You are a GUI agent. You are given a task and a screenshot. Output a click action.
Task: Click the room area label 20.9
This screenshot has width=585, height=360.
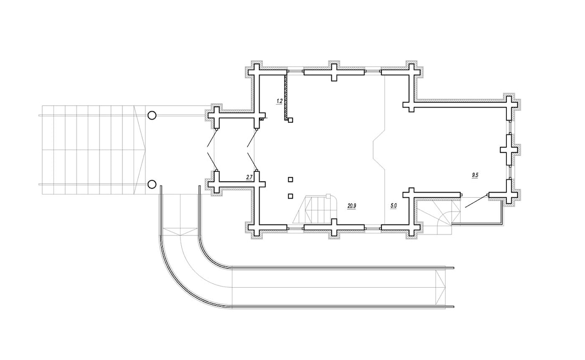coord(352,206)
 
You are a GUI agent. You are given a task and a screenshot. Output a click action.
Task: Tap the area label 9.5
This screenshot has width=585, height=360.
coord(475,174)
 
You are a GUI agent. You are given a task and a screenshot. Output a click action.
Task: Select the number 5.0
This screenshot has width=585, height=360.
coord(394,206)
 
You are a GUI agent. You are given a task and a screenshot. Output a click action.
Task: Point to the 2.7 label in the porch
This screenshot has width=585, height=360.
coord(249,177)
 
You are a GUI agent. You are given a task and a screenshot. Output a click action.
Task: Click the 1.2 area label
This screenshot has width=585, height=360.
coord(279,101)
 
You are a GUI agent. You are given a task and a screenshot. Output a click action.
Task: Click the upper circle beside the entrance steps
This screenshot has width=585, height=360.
coord(152,115)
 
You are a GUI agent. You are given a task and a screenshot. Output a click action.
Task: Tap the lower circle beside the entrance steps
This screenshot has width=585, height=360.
coord(152,185)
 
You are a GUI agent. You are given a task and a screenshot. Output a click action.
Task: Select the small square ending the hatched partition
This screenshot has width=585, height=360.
coord(290,120)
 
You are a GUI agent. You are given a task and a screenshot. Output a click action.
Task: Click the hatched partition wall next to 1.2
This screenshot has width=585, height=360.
coord(286,97)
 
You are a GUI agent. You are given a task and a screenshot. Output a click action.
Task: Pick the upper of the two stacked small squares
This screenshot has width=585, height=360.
coord(290,180)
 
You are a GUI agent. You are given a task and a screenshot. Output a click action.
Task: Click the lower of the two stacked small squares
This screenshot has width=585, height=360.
coord(290,196)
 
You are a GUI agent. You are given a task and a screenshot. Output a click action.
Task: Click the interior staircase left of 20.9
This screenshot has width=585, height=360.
coord(314,208)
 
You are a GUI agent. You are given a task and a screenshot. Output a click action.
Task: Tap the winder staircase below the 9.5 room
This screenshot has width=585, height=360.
coord(434,217)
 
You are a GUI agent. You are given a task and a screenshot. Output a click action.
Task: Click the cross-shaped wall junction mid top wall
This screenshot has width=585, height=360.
coord(334,72)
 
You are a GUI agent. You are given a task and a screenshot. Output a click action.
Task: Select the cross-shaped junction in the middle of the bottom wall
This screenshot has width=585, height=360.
coord(334,227)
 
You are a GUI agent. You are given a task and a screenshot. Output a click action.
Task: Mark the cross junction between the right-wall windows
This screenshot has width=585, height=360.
coord(508,149)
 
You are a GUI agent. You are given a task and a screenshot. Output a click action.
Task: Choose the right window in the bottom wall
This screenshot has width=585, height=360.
coord(373,227)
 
